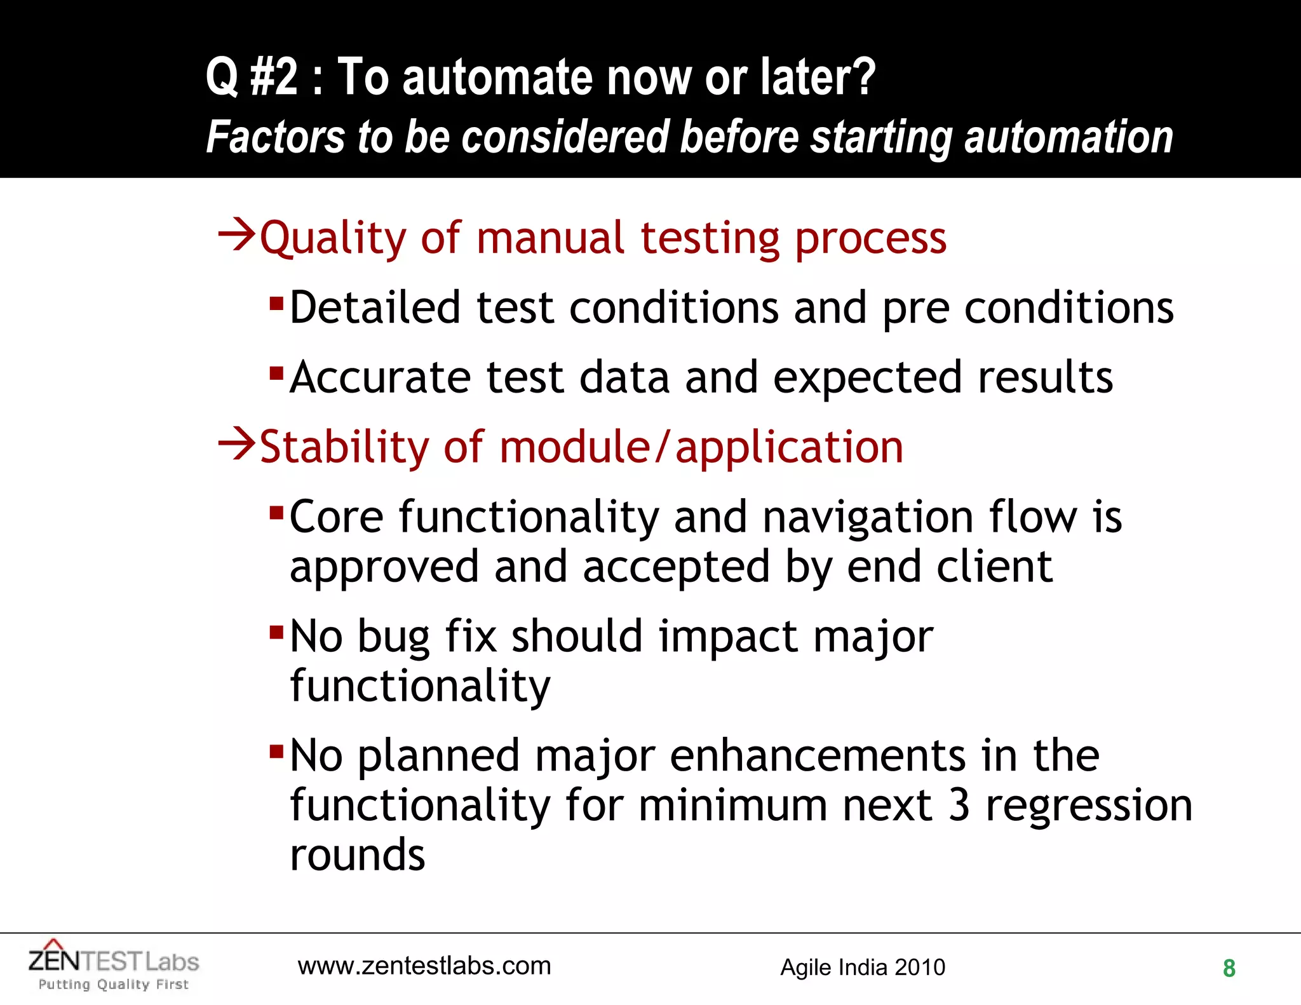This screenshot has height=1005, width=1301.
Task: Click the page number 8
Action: pyautogui.click(x=1229, y=968)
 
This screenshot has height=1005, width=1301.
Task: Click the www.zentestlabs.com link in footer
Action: pyautogui.click(x=424, y=966)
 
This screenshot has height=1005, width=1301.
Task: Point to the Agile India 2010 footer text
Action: pyautogui.click(x=863, y=968)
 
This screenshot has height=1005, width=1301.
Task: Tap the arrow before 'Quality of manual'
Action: pyautogui.click(x=236, y=234)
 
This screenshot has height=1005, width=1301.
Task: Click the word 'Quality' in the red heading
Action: pyautogui.click(x=333, y=239)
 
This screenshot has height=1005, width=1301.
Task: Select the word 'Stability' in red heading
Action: pyautogui.click(x=344, y=447)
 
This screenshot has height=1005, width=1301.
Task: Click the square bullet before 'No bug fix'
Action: pyautogui.click(x=276, y=632)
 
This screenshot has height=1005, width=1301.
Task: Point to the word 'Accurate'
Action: pyautogui.click(x=380, y=377)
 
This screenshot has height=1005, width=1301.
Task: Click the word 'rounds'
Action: pyautogui.click(x=357, y=855)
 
